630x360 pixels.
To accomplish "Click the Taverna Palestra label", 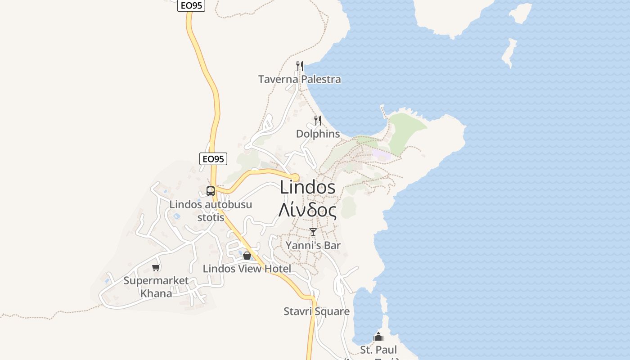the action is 299,80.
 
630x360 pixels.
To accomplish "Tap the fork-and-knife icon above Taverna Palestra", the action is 300,66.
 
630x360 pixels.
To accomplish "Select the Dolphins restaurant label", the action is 318,134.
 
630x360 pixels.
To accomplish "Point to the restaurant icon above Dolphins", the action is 318,120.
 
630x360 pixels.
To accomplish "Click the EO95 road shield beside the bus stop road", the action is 213,159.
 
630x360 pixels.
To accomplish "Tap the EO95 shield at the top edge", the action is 191,5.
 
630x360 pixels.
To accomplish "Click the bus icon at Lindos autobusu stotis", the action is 211,191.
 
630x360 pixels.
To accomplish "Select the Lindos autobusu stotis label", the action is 211,211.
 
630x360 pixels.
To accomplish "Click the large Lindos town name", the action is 308,187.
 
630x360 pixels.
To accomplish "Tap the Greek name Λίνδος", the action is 308,210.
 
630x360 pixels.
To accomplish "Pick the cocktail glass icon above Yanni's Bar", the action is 313,232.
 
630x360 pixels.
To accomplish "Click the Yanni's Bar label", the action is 313,246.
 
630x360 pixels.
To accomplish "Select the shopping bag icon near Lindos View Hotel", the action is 247,256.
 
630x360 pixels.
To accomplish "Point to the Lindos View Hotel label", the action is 247,269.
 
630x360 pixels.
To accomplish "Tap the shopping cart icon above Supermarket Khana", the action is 156,268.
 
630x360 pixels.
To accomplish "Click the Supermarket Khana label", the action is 156,287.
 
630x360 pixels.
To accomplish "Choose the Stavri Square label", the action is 316,311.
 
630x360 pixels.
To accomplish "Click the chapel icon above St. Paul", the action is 379,337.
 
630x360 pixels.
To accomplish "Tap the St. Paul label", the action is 378,350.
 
